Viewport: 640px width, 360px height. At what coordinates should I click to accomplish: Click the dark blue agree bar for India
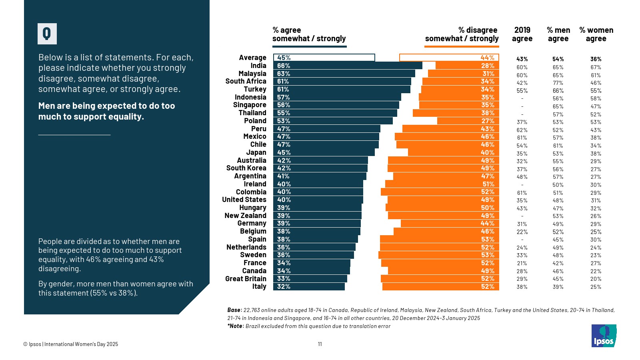click(348, 66)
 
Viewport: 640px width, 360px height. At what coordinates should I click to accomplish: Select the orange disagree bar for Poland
click(468, 121)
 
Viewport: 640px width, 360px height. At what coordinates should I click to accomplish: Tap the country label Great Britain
click(246, 279)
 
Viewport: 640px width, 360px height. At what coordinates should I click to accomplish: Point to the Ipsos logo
click(604, 336)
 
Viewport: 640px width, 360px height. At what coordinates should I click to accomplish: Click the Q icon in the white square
click(47, 34)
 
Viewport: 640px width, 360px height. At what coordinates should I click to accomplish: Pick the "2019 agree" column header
click(522, 34)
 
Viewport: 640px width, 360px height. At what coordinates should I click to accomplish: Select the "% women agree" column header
click(596, 34)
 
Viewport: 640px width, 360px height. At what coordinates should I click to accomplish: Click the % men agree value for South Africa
click(558, 83)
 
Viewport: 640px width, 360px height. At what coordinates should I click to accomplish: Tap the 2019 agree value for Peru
click(522, 130)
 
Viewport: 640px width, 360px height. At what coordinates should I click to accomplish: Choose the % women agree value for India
click(596, 67)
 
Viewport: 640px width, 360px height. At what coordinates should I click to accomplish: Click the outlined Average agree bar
click(324, 58)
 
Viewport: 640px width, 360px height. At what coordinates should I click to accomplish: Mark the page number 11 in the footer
click(320, 344)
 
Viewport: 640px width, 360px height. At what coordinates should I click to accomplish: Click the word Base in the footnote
click(234, 310)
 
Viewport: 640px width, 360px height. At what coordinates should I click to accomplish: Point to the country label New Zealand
click(245, 216)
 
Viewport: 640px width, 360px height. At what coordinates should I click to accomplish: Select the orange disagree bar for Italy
click(440, 286)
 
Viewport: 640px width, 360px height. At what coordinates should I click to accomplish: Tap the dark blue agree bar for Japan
click(324, 152)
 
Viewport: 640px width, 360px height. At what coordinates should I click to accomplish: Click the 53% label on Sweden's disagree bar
click(488, 255)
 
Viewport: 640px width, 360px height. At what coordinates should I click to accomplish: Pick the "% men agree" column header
click(558, 34)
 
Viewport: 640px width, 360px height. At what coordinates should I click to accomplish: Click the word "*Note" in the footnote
click(235, 326)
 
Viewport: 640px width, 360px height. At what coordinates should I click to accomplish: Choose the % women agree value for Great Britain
click(596, 279)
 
